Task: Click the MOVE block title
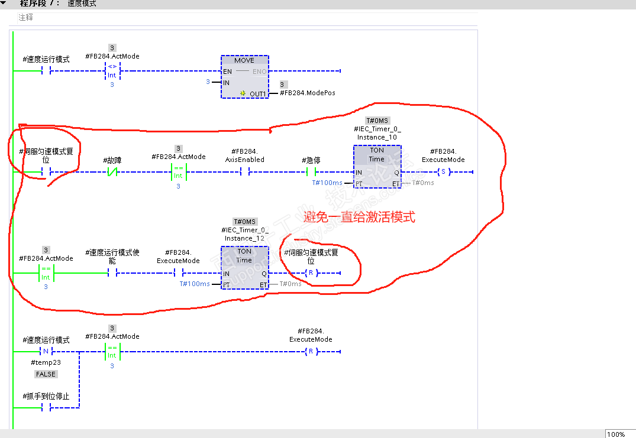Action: tap(244, 60)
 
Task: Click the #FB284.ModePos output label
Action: tap(308, 93)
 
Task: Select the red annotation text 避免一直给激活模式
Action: tap(359, 218)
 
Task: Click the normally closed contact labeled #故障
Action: tap(112, 172)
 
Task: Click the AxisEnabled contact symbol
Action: tap(245, 172)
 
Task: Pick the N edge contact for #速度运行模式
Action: tap(46, 351)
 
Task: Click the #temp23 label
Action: tap(46, 362)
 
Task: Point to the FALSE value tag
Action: tap(46, 374)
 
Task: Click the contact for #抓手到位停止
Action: tap(46, 408)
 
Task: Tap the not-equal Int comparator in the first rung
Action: tap(112, 72)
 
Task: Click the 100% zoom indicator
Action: tap(616, 434)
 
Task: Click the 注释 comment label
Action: tap(26, 18)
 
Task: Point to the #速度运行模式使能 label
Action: tap(112, 256)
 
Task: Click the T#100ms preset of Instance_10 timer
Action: tap(327, 183)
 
